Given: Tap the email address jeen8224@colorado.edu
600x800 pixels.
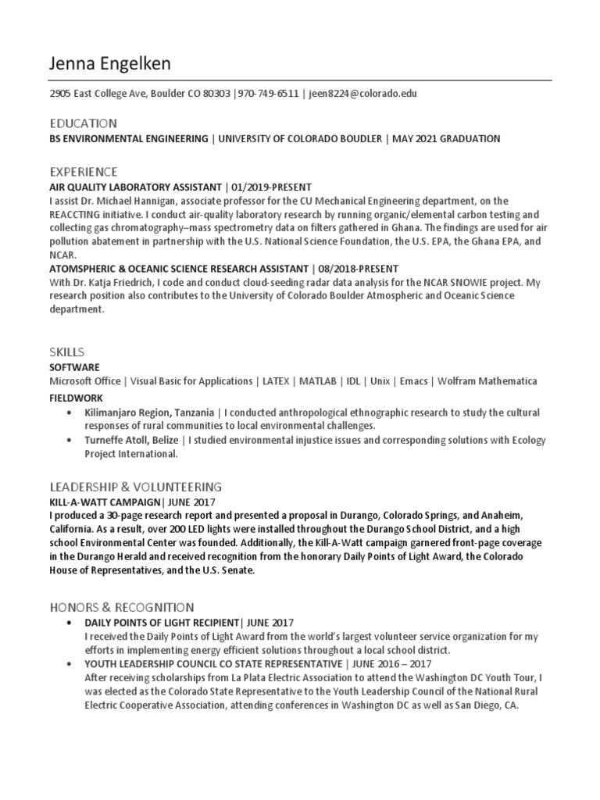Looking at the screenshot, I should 362,94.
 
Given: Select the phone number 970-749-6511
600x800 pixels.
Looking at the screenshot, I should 268,94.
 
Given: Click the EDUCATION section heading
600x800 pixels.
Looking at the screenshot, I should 83,123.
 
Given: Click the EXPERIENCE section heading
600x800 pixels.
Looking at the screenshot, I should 84,171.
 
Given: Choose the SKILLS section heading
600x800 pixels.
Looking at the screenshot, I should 67,352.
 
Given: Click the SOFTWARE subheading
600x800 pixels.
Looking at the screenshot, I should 75,366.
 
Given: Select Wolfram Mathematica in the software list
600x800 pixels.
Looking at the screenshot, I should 487,381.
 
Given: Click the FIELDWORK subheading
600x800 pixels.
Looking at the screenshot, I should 77,398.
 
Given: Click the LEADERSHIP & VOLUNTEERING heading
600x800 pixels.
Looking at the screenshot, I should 136,486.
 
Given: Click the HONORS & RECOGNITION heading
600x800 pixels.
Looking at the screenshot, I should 122,606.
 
